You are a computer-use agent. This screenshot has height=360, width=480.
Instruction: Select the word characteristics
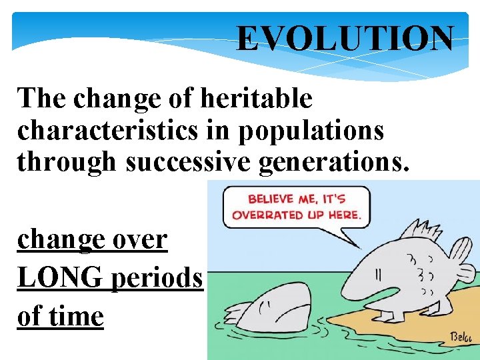pyautogui.click(x=107, y=130)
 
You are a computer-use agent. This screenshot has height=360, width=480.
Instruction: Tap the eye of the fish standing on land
pyautogui.click(x=377, y=273)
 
